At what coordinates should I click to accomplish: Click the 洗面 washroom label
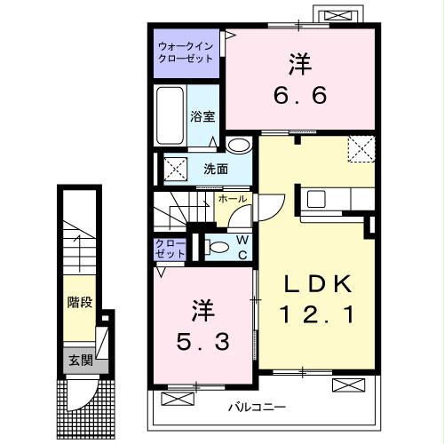[214, 169]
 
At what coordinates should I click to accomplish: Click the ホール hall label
[232, 199]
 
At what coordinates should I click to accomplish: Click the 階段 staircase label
[80, 303]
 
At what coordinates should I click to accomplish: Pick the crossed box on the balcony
[349, 385]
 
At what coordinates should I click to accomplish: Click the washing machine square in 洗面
[174, 167]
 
